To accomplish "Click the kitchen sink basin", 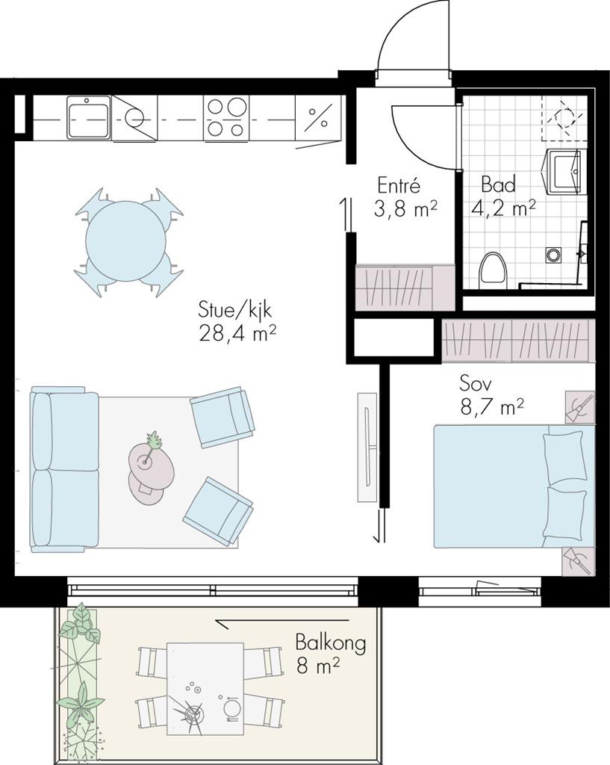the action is [x=89, y=117].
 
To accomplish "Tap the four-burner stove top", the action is [x=225, y=117].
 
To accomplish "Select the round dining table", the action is [x=125, y=241].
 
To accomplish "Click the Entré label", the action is [x=399, y=186].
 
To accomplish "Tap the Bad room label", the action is [x=498, y=185].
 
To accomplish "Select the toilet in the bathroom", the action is [x=493, y=270].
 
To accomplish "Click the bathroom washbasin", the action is [x=563, y=172].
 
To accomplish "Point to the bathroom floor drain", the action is [x=553, y=255].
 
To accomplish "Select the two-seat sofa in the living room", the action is [x=65, y=469].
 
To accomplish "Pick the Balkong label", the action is [x=331, y=643].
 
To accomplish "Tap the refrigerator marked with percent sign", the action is [x=318, y=117].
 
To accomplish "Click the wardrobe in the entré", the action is [x=405, y=287].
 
